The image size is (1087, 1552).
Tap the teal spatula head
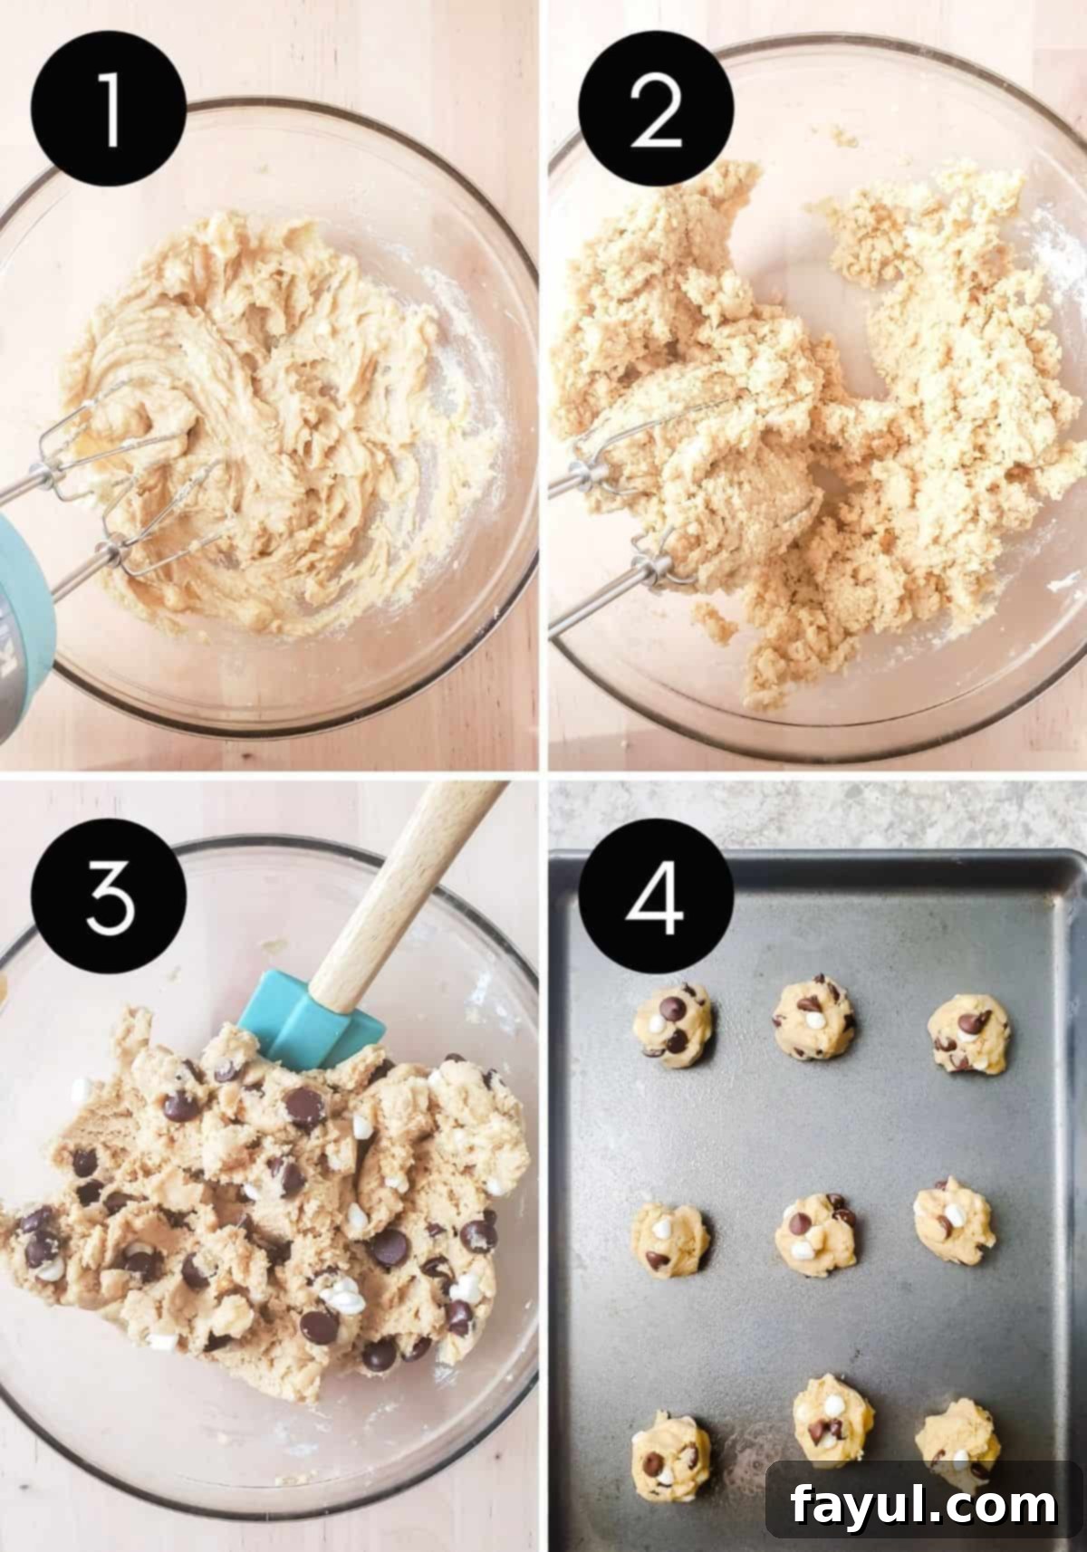tap(308, 1016)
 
